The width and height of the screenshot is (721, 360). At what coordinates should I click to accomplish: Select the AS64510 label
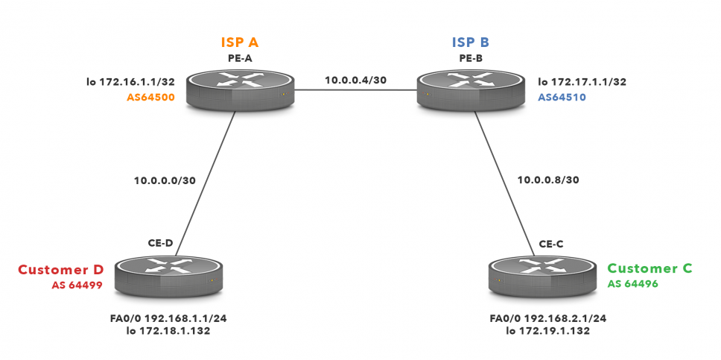point(564,96)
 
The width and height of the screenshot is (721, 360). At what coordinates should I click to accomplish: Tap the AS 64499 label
point(77,285)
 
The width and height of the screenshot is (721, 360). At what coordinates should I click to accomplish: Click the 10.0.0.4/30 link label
point(356,80)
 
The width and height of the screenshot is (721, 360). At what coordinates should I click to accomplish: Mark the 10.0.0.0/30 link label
point(166,180)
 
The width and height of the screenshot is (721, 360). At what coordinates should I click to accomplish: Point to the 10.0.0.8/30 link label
point(547,180)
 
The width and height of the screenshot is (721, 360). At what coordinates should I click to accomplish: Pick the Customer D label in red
point(60,269)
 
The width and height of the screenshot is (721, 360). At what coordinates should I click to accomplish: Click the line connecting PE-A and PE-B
point(356,90)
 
